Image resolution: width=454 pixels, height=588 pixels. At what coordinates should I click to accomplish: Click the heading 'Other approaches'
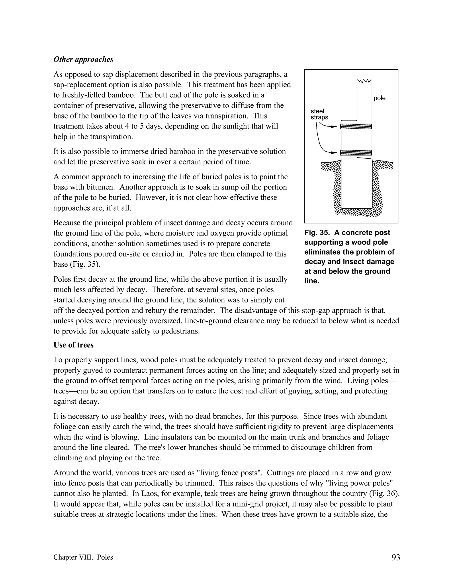point(83,59)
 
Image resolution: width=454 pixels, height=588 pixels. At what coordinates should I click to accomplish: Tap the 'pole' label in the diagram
point(379,98)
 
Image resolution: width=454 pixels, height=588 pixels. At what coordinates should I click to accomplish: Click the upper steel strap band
point(356,126)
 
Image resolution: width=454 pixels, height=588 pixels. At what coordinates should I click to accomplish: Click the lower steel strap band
point(356,153)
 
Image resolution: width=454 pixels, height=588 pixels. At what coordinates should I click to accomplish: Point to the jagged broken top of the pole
point(364,81)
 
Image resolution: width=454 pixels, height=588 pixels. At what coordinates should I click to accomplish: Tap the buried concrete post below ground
point(356,186)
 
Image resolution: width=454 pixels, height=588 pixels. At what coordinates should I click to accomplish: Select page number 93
point(396,557)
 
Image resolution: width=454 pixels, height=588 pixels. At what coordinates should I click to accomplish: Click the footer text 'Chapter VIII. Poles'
point(83,557)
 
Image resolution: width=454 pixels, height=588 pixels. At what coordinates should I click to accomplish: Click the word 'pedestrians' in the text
point(180,331)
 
